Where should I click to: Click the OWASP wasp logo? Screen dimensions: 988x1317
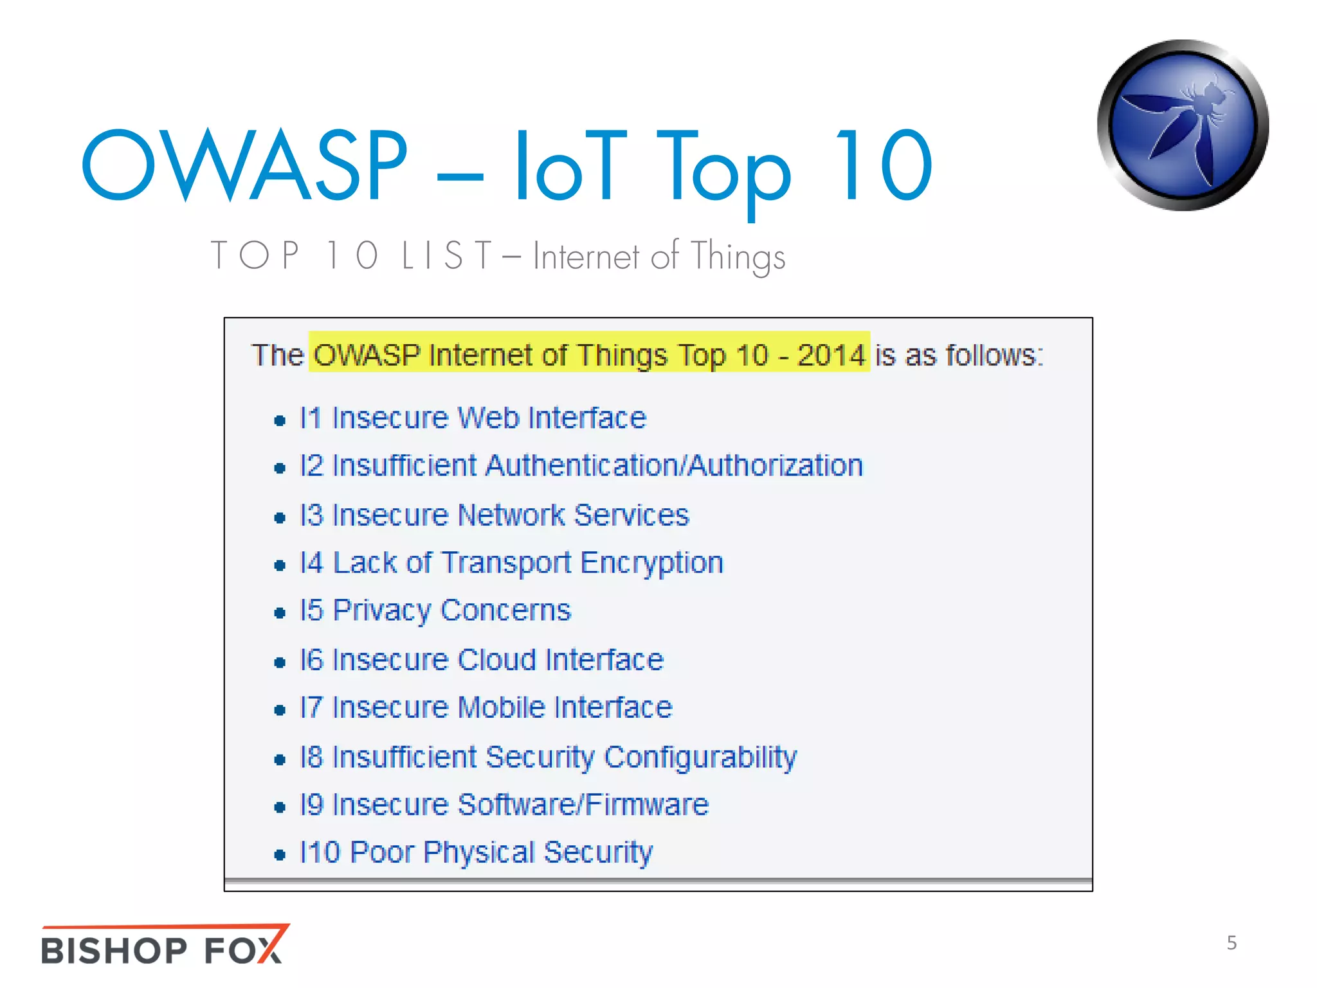tap(1183, 125)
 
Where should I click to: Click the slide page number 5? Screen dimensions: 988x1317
tap(1231, 943)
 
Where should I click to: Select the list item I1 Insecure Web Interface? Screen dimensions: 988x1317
tap(473, 418)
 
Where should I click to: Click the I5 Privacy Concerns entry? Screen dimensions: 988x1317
tap(435, 610)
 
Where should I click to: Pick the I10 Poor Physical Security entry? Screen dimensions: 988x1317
tap(476, 852)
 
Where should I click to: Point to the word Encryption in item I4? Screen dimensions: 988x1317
tap(651, 563)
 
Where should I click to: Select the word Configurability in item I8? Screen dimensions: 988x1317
tap(700, 757)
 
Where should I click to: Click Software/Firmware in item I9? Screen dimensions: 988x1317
tap(583, 805)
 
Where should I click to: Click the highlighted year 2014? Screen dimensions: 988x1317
tap(831, 355)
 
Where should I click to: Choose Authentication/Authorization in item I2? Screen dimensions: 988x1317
tap(675, 466)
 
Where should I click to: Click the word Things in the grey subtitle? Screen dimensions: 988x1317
tap(738, 256)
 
